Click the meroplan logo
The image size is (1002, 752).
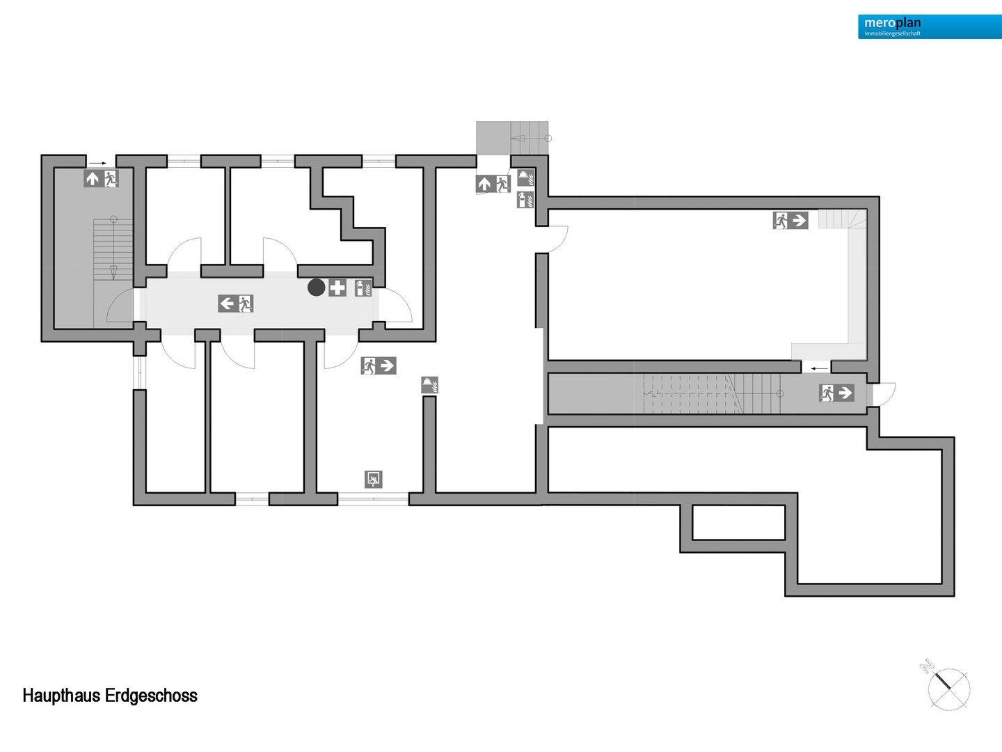click(x=930, y=26)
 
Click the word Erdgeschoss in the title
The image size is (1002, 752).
click(x=151, y=696)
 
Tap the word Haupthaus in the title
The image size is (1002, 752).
click(x=62, y=696)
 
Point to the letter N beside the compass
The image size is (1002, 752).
click(x=927, y=667)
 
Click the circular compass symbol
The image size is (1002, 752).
click(x=949, y=689)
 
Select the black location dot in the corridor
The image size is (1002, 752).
click(x=317, y=288)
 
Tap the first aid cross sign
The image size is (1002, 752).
click(x=337, y=288)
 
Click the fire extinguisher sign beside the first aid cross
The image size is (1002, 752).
click(x=363, y=288)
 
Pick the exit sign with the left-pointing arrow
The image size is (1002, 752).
click(x=236, y=304)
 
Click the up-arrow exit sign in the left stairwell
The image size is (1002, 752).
click(x=101, y=178)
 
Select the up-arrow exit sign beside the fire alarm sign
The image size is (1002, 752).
click(x=493, y=184)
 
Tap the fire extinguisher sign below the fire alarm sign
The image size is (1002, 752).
click(x=525, y=200)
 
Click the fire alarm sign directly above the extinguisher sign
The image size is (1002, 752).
click(x=525, y=178)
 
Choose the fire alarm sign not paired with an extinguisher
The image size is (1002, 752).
click(x=429, y=385)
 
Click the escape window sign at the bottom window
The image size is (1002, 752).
click(x=374, y=480)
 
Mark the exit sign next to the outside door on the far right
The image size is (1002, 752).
click(x=836, y=393)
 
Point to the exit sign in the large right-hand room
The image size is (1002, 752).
click(x=790, y=221)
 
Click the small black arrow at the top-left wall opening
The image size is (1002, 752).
click(x=97, y=163)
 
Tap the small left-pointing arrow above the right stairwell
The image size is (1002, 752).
click(x=819, y=368)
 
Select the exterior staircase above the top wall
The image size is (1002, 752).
click(x=512, y=138)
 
